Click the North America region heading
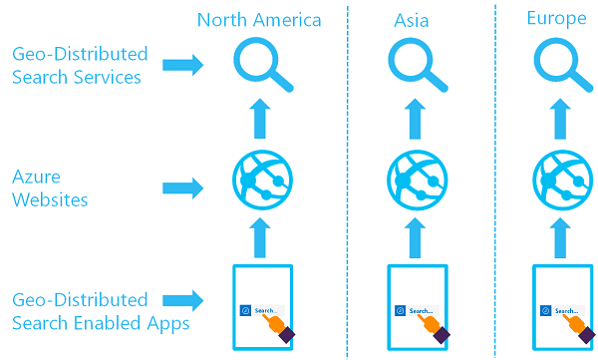pos(259,20)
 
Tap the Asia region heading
pos(412,20)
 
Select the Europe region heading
pos(556,20)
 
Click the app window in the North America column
pos(261,307)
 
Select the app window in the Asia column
pos(416,307)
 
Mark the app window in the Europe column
pos(562,307)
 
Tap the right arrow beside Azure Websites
pos(181,186)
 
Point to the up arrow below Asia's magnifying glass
pos(416,118)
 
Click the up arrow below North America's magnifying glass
pos(261,118)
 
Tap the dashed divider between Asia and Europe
pos(495,180)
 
